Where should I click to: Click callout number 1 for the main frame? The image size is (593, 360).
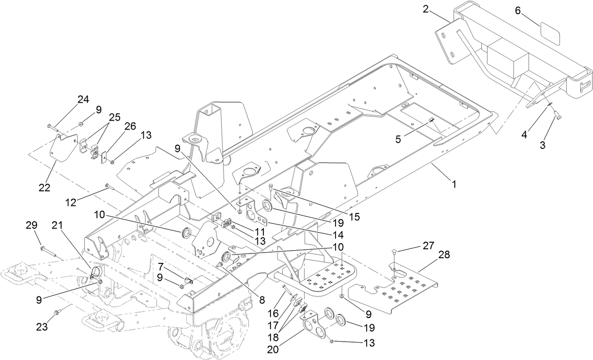tap(454, 185)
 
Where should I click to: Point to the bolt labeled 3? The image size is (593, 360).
tap(556, 113)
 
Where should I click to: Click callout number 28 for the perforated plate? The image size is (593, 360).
tap(444, 255)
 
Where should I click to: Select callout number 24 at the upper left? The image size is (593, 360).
tap(83, 99)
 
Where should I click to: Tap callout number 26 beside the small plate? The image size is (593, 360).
tap(130, 126)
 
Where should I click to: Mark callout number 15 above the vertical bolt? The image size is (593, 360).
tap(355, 217)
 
